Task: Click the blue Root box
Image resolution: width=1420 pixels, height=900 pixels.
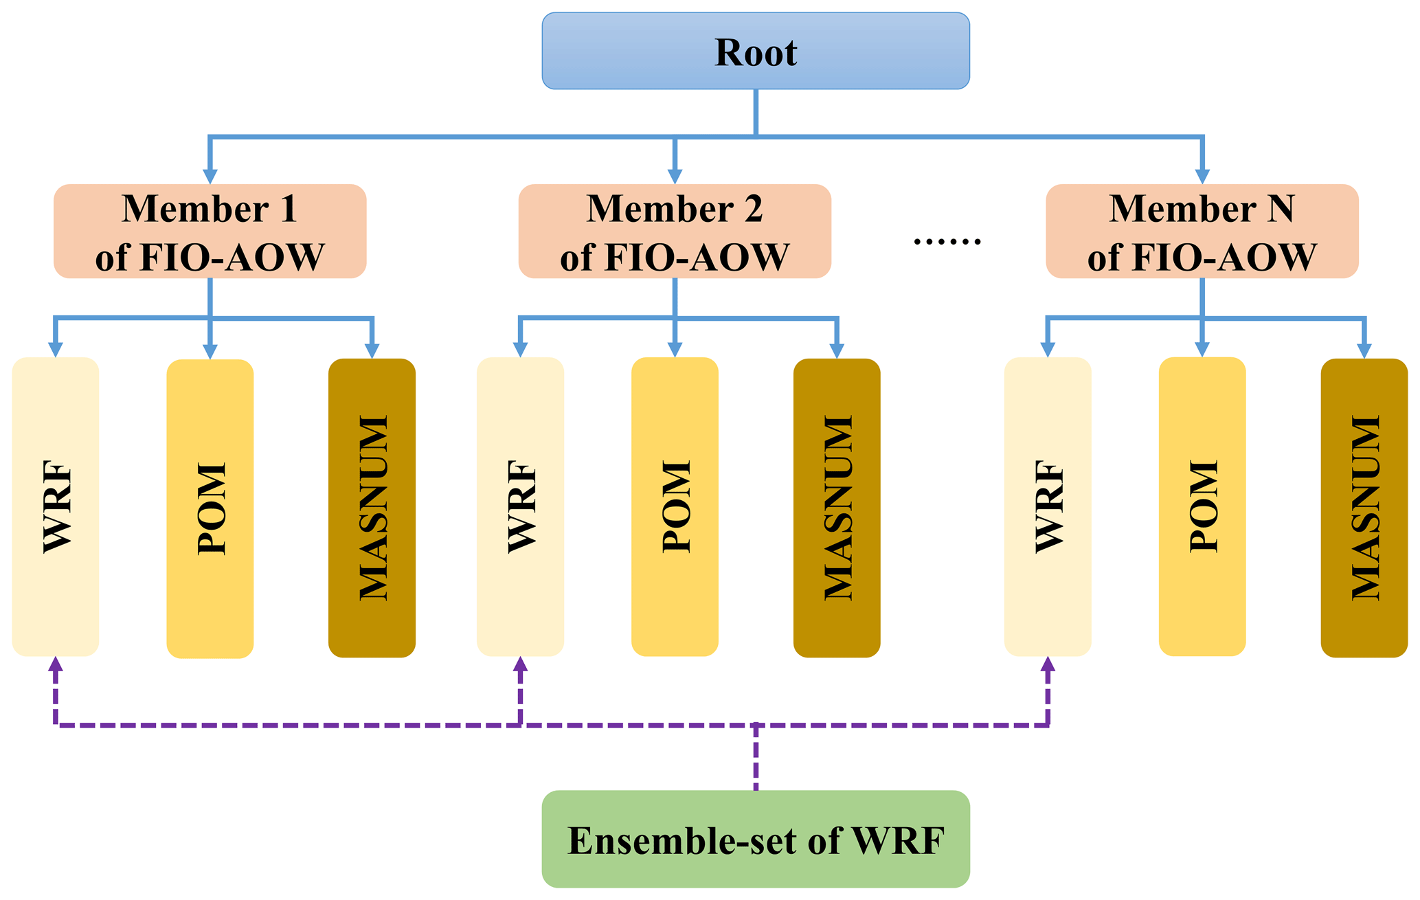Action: (755, 51)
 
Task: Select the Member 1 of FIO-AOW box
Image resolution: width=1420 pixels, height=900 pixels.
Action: (210, 231)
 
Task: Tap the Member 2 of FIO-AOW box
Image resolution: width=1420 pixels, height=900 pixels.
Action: (675, 231)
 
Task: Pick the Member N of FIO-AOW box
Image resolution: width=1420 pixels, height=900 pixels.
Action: (1202, 231)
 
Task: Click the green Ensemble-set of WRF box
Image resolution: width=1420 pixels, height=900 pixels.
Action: (755, 839)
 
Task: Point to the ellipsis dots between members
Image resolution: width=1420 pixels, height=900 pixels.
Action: (947, 241)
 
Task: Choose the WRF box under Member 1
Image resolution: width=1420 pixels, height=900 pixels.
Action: (56, 506)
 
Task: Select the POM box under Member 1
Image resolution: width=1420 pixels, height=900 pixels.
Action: (210, 508)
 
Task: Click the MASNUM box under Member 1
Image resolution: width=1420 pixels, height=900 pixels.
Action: (372, 508)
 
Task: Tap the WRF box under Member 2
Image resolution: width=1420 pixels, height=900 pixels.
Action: (520, 506)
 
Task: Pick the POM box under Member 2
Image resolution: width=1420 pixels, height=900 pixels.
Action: (675, 506)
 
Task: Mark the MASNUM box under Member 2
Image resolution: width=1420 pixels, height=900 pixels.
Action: (837, 508)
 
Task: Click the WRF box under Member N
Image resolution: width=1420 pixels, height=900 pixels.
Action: (1048, 506)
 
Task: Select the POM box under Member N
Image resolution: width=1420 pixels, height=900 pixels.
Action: (1202, 506)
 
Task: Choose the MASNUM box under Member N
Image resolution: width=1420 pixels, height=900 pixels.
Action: (1364, 508)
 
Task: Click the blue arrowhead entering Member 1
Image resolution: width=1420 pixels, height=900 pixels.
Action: (210, 176)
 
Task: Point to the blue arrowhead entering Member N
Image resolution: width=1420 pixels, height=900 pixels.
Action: (1202, 176)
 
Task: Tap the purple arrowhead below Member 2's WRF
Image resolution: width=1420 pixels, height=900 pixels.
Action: (520, 664)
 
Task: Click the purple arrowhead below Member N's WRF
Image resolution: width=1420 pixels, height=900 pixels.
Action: (1048, 664)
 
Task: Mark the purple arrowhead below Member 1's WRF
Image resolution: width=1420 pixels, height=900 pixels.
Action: (56, 664)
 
